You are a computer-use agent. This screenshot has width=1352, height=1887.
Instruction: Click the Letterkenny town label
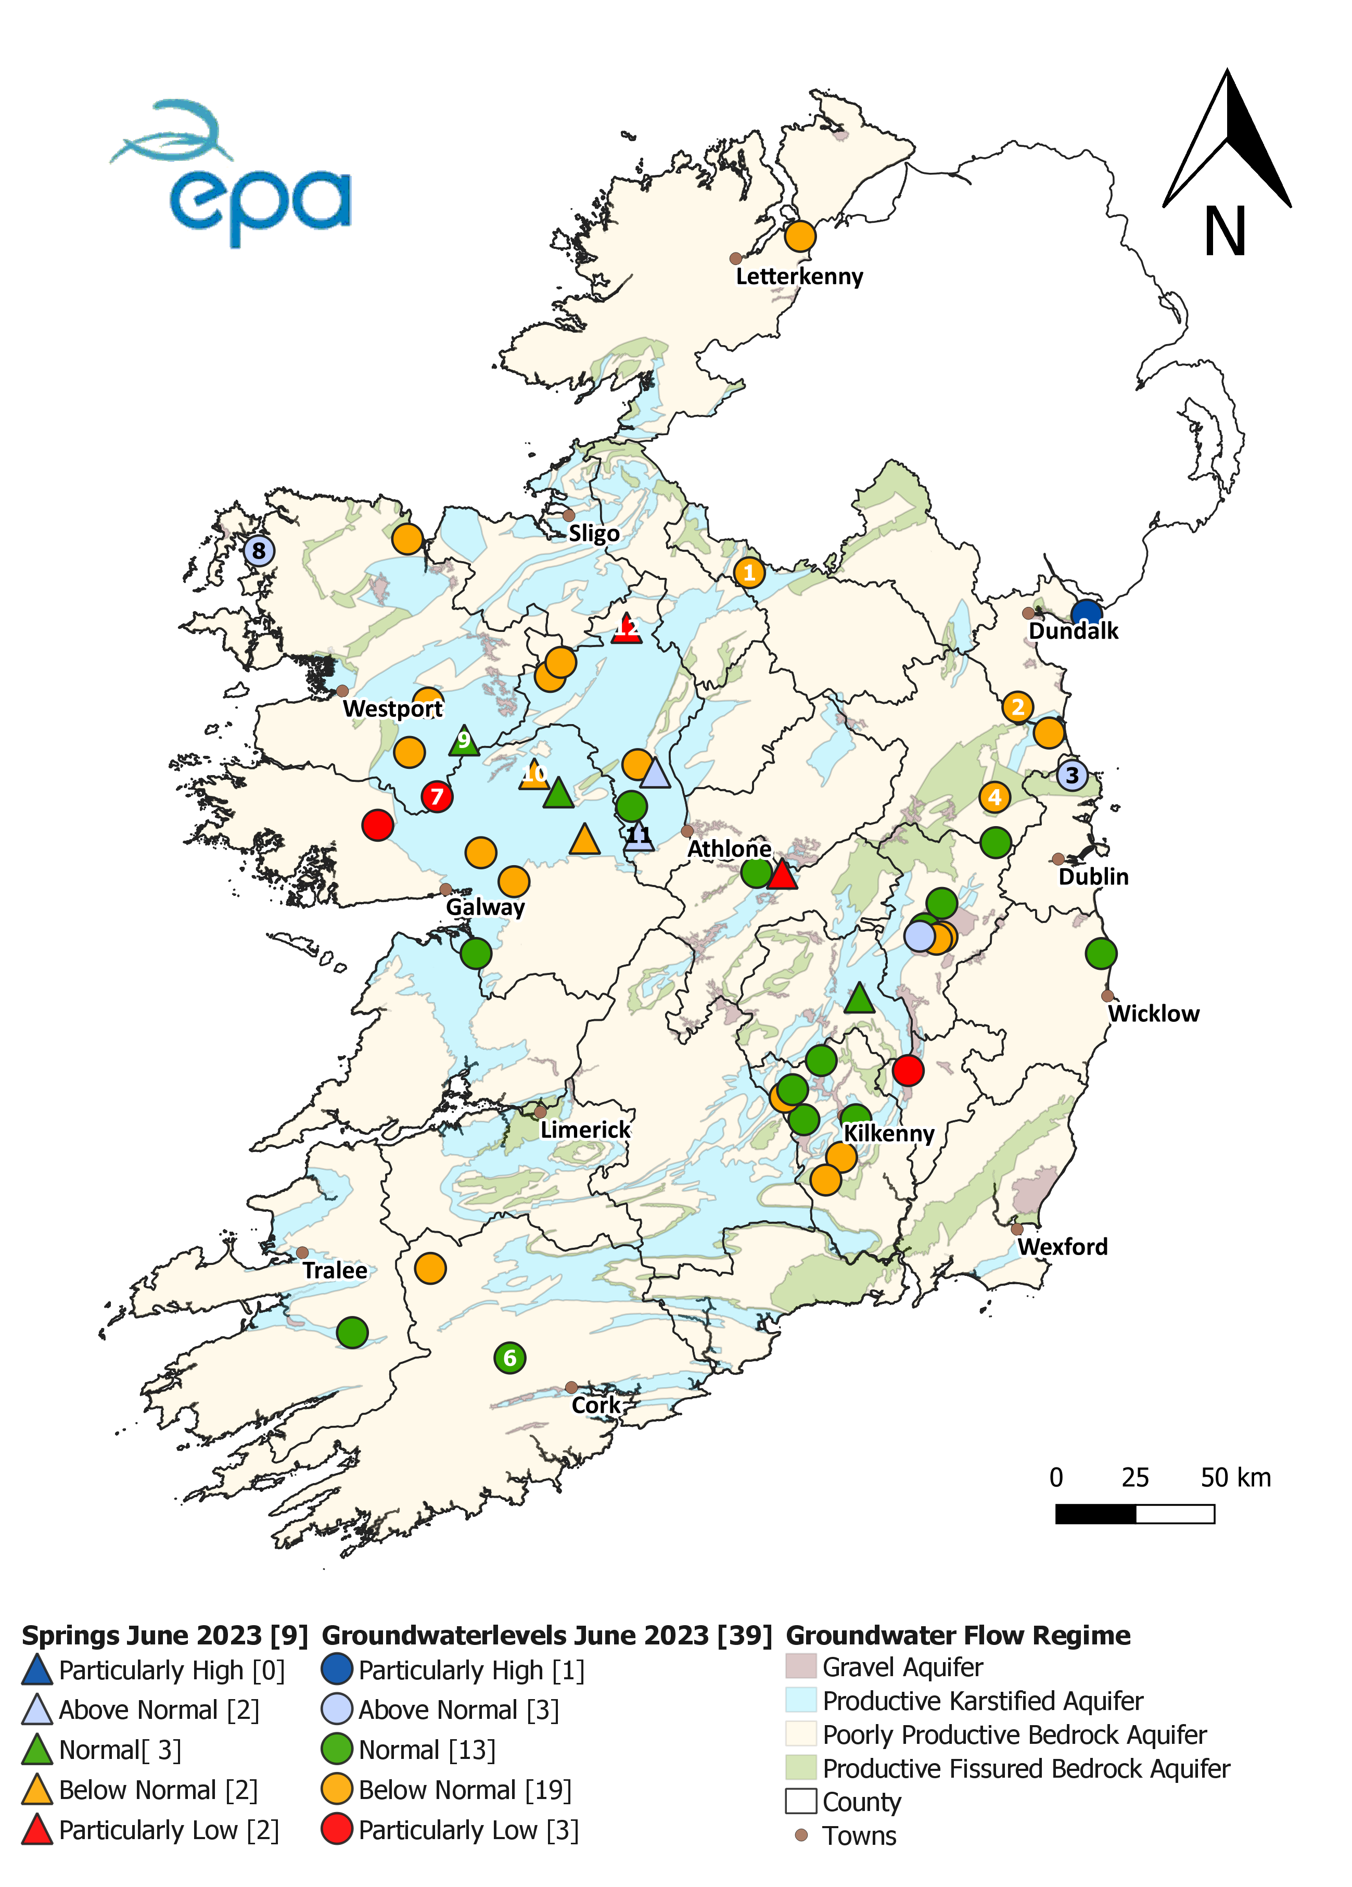tap(799, 276)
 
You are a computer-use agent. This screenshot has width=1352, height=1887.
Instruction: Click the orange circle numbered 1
tap(749, 573)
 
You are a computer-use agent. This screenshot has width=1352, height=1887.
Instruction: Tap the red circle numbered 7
tap(437, 796)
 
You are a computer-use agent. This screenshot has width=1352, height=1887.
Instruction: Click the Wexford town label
tap(1063, 1246)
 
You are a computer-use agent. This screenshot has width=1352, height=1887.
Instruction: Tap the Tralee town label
tap(335, 1271)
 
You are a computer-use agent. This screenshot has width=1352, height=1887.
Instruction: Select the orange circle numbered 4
tap(994, 797)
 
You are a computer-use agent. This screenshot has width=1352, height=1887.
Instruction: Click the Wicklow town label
tap(1153, 1014)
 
